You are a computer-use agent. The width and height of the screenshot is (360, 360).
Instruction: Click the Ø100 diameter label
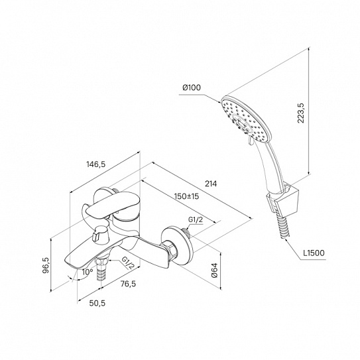192,88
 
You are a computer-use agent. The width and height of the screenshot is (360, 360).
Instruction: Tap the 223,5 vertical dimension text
301,113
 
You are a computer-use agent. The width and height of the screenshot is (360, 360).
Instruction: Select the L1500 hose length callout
314,253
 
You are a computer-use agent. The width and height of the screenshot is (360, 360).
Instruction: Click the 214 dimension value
211,184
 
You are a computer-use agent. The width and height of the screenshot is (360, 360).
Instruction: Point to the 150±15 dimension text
186,196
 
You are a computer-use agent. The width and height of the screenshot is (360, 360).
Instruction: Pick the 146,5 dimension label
95,164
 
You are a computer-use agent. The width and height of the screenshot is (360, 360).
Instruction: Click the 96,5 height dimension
46,265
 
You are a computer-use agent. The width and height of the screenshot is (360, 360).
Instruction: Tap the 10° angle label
88,272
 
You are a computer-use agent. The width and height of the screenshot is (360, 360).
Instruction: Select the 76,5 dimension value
129,284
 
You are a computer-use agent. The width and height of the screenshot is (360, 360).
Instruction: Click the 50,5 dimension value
97,303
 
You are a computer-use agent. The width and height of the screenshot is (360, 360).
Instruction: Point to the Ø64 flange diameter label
215,270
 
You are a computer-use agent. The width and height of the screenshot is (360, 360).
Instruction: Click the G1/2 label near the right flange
196,219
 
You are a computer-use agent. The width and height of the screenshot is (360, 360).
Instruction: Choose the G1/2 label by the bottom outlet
128,263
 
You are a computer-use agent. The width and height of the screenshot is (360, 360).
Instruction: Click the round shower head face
247,119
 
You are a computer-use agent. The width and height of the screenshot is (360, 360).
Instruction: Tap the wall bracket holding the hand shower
283,200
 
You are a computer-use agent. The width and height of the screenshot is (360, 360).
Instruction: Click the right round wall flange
177,246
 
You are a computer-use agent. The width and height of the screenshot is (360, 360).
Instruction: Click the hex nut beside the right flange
170,250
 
